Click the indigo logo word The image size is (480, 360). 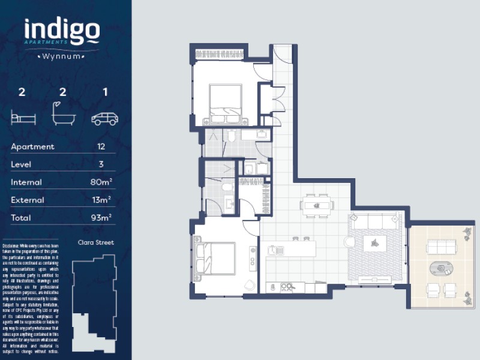(62, 32)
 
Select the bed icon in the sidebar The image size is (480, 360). (23, 115)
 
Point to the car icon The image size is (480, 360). (104, 118)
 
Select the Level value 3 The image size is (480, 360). (101, 164)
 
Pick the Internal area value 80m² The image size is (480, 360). (101, 182)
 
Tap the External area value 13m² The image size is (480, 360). (101, 200)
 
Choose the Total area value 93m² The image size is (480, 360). (101, 217)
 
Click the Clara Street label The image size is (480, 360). (96, 243)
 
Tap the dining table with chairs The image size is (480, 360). (316, 205)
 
